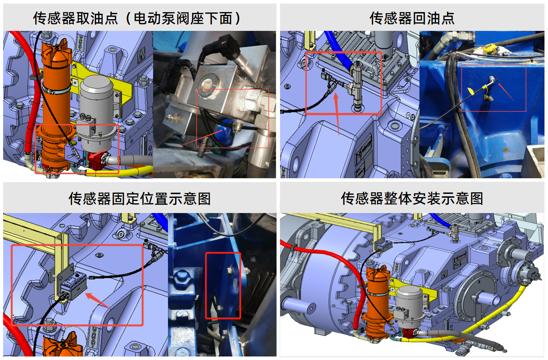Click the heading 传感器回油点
[412, 18]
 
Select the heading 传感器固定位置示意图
[139, 199]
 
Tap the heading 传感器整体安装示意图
[412, 199]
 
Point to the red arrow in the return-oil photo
[506, 91]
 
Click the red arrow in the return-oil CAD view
[336, 113]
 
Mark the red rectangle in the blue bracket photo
[223, 285]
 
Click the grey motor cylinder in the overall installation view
[410, 301]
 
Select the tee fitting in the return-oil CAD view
[357, 84]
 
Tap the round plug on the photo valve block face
[207, 82]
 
